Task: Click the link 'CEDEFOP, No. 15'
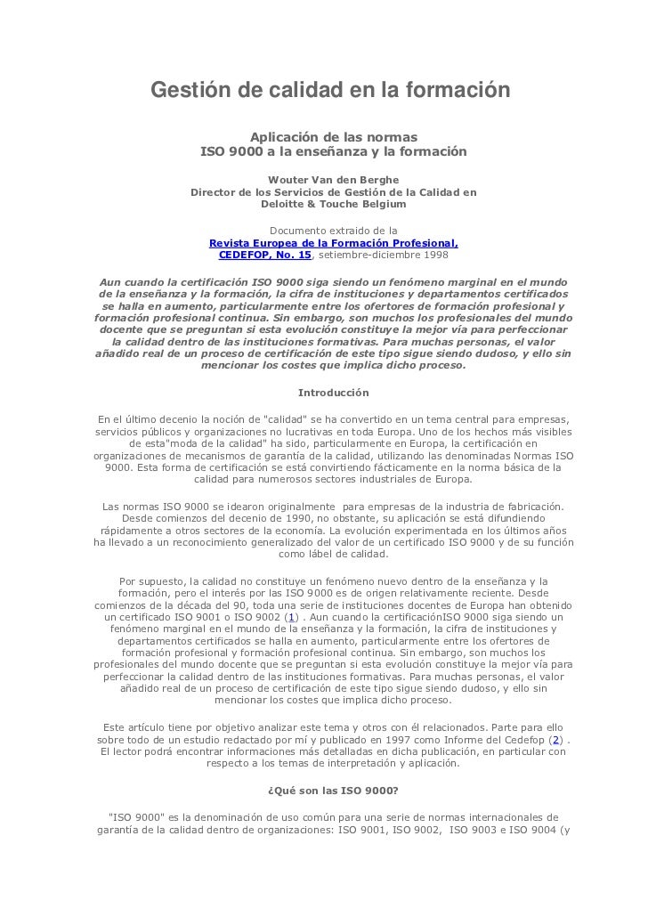pos(265,255)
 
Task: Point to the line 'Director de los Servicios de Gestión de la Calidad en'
pos(333,191)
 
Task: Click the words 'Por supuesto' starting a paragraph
pos(150,581)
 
